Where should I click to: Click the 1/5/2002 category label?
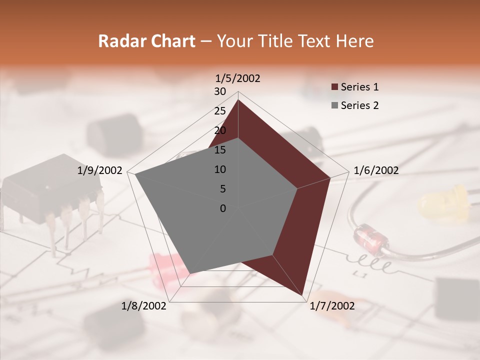point(237,78)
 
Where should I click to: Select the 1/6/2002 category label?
point(376,170)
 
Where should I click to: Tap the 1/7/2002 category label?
point(332,306)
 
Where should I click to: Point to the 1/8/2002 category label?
point(144,306)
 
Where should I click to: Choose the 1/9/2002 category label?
point(100,170)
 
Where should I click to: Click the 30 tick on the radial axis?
point(220,91)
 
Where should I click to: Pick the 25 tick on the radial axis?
point(220,111)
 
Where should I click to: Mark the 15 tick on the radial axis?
point(220,150)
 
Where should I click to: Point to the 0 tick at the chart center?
point(223,208)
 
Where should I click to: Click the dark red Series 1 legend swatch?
point(334,87)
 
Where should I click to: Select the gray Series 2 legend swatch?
point(334,106)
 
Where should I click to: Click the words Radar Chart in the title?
point(146,41)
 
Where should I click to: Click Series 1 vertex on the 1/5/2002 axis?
point(238,100)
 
